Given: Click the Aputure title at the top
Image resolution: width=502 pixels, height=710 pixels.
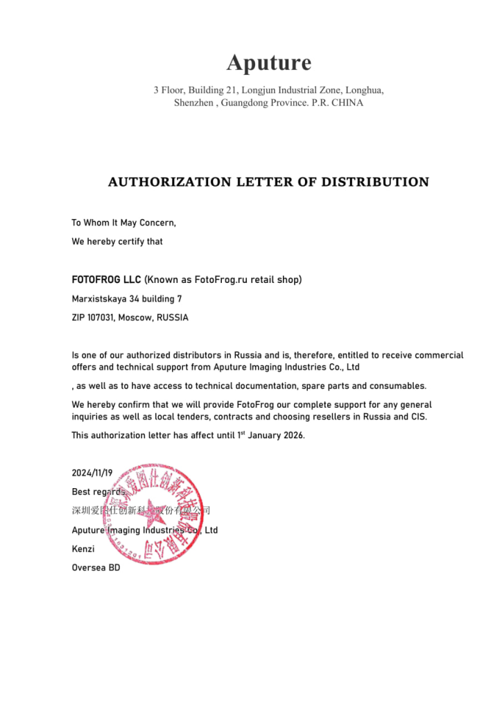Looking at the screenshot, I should click(269, 63).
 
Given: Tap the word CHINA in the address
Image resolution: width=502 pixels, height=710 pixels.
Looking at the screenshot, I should click(345, 103).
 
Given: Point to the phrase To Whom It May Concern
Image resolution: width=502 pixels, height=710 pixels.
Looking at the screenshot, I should click(123, 223).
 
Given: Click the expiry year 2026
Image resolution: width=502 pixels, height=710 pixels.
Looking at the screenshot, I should click(290, 435).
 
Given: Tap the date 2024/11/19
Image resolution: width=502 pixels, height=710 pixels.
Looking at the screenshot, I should click(92, 473).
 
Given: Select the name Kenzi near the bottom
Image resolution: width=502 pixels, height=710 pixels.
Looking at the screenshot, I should click(83, 548).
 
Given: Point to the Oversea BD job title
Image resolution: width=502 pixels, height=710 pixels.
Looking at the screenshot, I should click(96, 567).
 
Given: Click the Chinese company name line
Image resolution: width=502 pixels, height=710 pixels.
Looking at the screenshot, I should click(141, 510).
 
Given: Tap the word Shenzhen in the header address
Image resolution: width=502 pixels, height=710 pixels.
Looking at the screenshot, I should click(193, 103).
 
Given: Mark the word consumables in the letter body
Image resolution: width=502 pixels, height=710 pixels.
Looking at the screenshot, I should click(399, 386).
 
